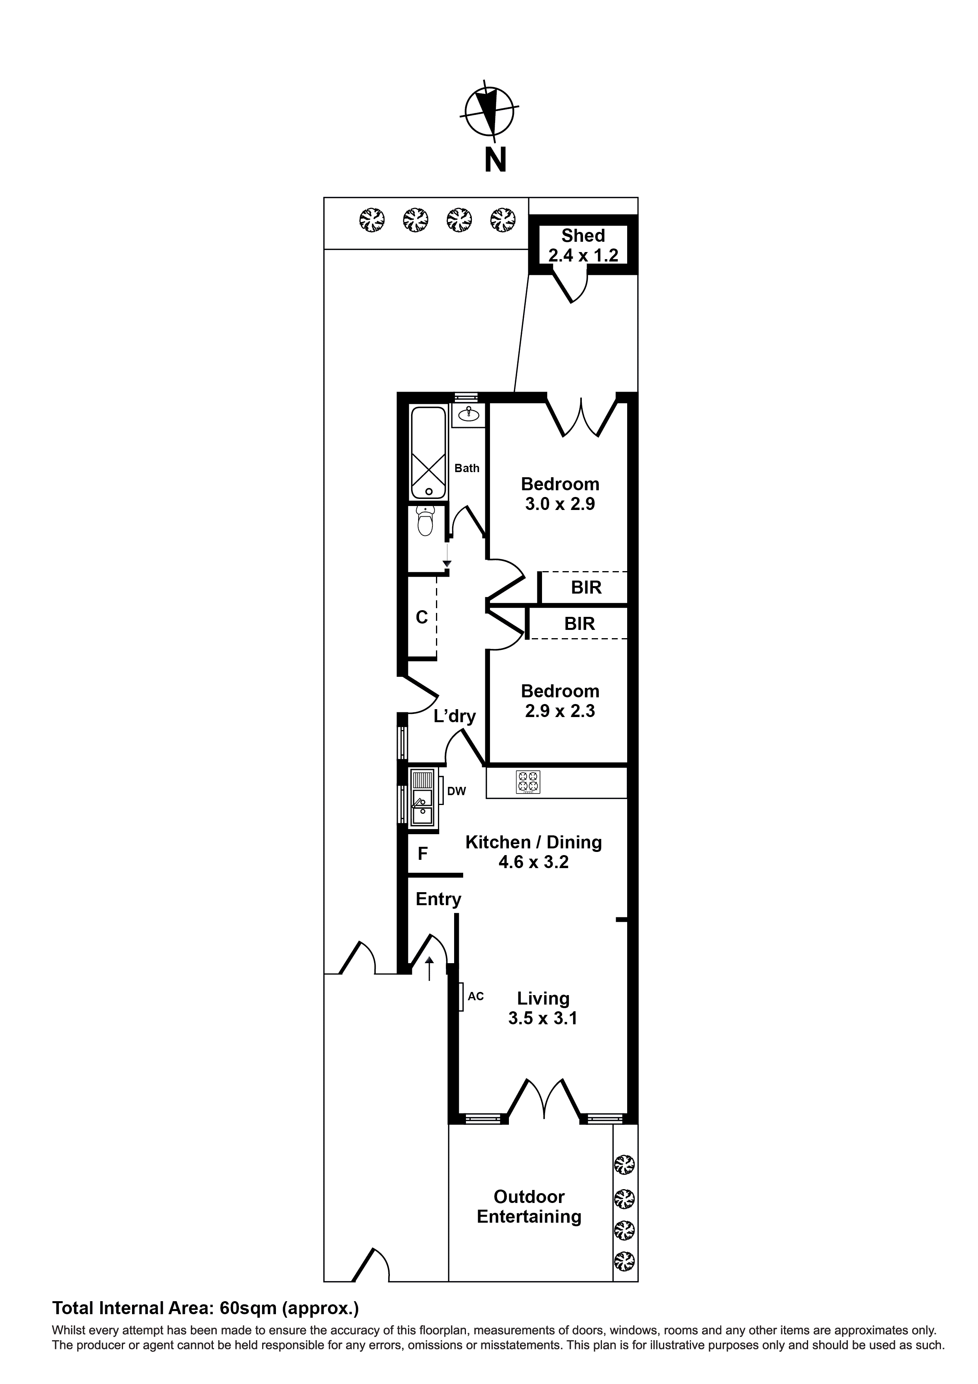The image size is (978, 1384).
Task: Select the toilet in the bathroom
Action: click(426, 521)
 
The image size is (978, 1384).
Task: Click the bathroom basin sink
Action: click(469, 414)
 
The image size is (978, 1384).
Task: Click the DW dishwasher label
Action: click(457, 792)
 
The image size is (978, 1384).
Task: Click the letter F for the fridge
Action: click(423, 854)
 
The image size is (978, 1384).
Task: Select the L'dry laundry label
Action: click(455, 716)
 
